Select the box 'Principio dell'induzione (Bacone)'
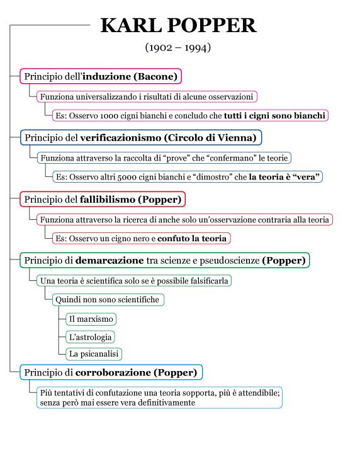[x=101, y=76]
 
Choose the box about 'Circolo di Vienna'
[x=141, y=137]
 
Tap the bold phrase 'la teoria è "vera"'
[x=284, y=176]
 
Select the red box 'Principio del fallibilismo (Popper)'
[x=103, y=199]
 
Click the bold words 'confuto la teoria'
[x=191, y=238]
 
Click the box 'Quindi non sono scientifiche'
[x=108, y=299]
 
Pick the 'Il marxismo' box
[x=91, y=319]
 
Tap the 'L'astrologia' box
[x=91, y=338]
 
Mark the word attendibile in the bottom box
[x=258, y=392]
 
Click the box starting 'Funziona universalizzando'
[x=146, y=96]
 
